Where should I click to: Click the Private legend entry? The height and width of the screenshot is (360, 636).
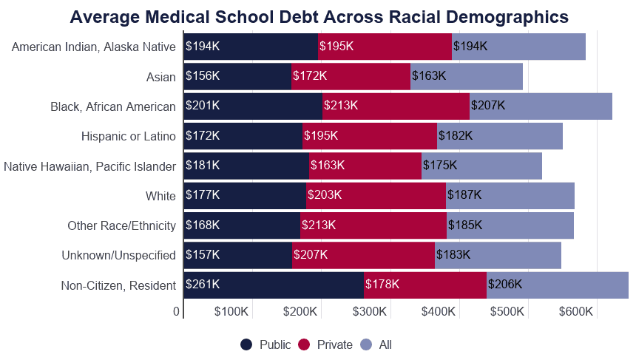tap(325, 344)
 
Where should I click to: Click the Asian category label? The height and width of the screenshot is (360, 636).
tap(161, 77)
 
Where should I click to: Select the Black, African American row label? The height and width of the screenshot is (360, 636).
tap(113, 106)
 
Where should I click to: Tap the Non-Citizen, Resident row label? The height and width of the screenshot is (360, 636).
tap(118, 285)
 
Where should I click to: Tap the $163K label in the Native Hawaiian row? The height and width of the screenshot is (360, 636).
tap(328, 166)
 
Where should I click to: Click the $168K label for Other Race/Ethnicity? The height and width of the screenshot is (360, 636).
tap(203, 225)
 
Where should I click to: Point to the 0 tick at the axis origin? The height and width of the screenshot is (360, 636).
tap(177, 312)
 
